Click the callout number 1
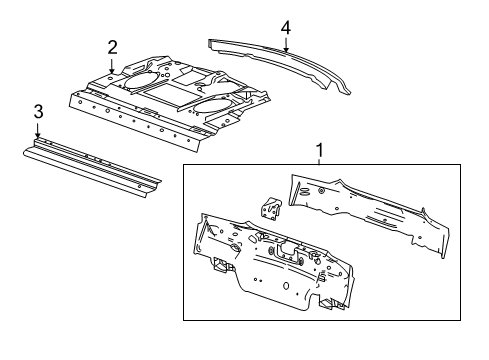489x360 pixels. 319,151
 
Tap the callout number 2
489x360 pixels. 113,46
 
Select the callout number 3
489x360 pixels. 37,112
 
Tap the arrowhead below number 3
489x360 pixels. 37,138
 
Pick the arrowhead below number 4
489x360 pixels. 285,50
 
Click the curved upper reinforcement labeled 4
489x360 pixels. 280,62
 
